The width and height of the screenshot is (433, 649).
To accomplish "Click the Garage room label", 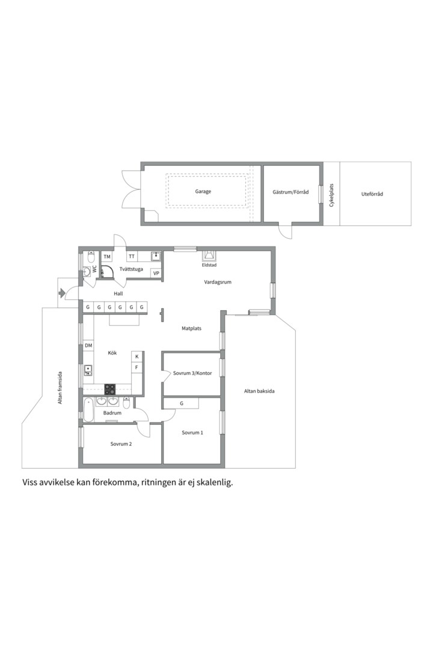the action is [203, 192].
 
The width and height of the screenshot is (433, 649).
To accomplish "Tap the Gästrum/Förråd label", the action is [290, 192].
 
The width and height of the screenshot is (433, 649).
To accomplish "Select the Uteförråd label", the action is [372, 193].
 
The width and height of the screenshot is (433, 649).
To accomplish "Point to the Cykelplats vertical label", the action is [331, 195].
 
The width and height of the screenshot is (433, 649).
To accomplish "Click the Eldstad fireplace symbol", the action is [209, 255].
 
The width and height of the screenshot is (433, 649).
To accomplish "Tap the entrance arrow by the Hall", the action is [61, 293].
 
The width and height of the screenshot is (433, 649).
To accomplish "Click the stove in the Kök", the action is [110, 389].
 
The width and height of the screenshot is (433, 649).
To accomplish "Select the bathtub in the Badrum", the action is [88, 410].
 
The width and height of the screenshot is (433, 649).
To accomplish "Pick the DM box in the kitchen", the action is [88, 346].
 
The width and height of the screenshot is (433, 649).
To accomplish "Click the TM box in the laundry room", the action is [107, 257].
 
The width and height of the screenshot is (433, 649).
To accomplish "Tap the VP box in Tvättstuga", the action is [156, 273].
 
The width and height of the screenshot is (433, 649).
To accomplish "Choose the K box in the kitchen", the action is [137, 356].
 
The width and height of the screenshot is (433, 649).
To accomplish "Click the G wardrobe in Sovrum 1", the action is [182, 403].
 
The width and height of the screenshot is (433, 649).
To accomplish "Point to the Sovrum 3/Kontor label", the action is [192, 373].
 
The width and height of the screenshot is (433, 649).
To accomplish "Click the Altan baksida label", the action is [259, 391].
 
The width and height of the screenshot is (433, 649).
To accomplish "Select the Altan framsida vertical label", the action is [60, 388].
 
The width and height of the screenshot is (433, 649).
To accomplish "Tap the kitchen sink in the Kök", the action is [88, 370].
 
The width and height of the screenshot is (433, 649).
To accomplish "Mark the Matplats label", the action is [191, 329].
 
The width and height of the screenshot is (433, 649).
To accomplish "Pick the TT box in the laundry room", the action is [132, 257].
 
